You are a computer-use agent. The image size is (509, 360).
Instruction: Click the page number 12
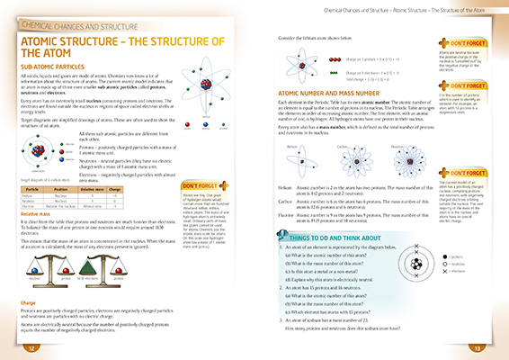coord(31,347)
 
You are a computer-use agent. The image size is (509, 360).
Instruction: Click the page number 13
coord(478,347)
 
